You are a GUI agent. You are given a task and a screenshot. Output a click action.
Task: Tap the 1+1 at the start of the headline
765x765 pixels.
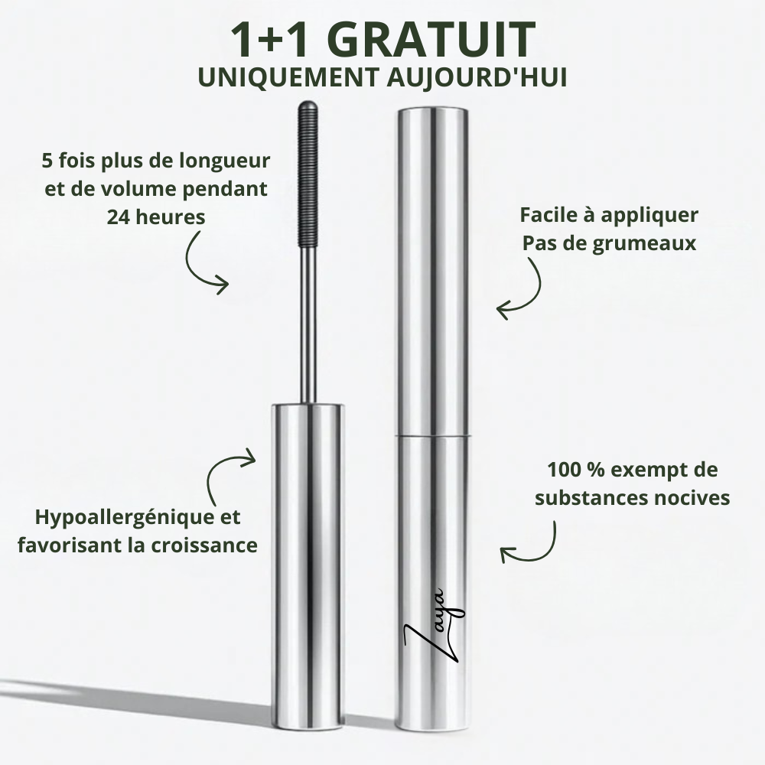pyautogui.click(x=268, y=39)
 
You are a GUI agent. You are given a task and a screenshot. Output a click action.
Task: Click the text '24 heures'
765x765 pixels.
pyautogui.click(x=156, y=216)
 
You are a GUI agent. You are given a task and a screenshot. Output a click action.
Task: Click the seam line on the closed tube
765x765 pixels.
pyautogui.click(x=433, y=436)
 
